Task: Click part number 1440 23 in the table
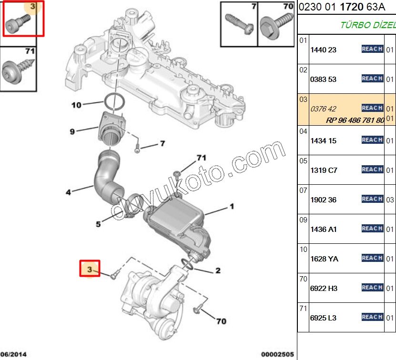323,50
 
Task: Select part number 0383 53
323,80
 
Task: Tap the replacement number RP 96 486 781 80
355,120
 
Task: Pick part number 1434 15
323,141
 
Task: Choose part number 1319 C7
323,170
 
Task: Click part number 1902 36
323,200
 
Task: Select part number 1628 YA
324,259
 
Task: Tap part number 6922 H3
324,289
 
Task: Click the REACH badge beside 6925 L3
372,317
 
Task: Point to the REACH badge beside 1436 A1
372,229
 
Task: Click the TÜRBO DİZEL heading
367,25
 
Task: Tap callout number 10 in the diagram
77,105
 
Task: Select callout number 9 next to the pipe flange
72,131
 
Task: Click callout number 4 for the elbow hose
69,192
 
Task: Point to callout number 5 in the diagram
99,224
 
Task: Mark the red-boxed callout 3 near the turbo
90,270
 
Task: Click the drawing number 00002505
276,354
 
